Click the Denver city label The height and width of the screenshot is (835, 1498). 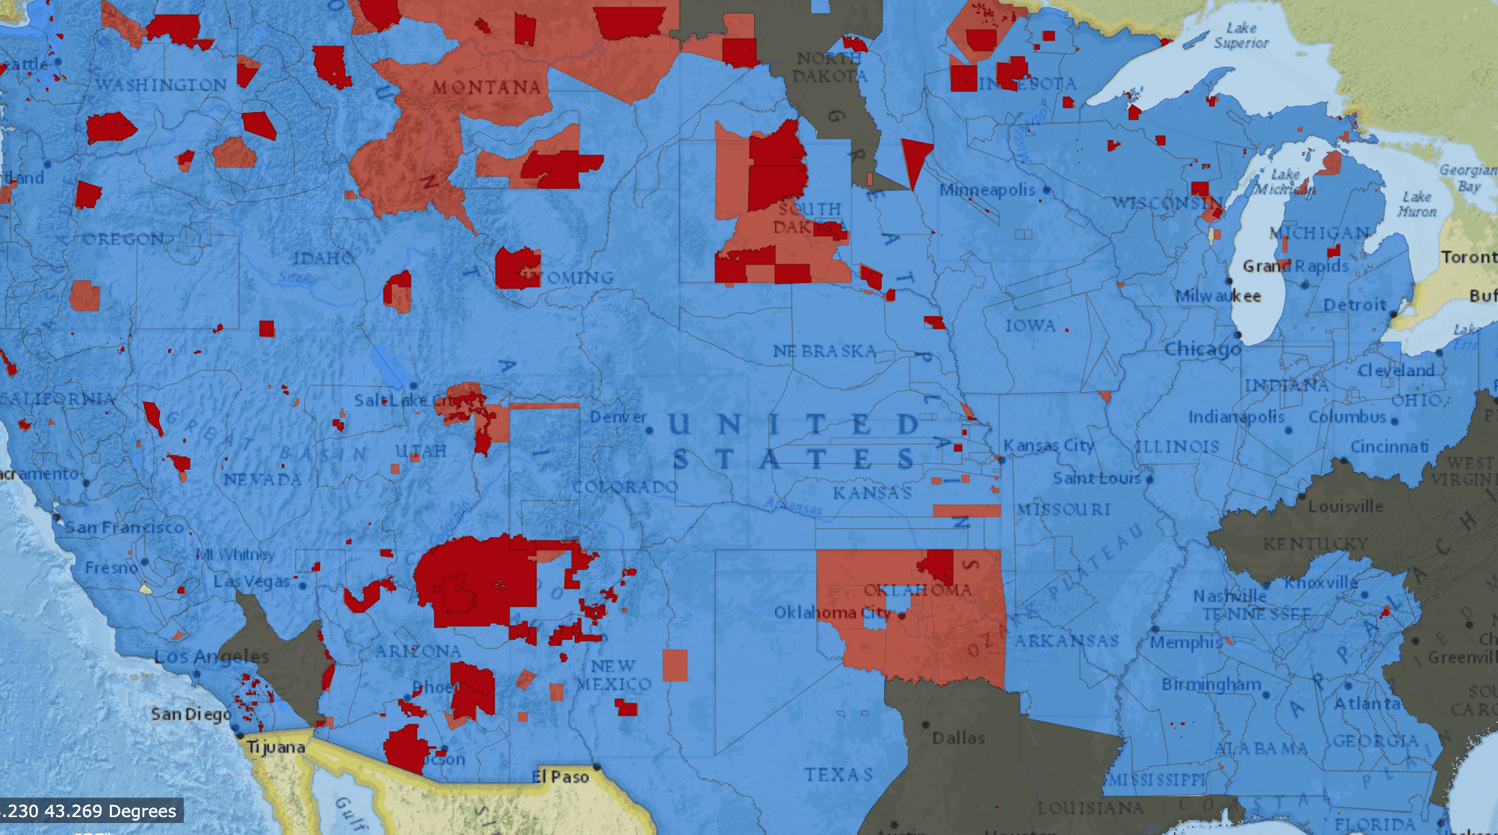pyautogui.click(x=618, y=417)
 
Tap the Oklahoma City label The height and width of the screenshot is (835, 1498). pyautogui.click(x=833, y=612)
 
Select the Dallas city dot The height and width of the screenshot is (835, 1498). pyautogui.click(x=925, y=724)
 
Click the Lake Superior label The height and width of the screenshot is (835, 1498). pyautogui.click(x=1241, y=35)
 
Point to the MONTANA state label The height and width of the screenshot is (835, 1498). pyautogui.click(x=487, y=87)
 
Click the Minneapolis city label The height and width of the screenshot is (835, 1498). pyautogui.click(x=986, y=190)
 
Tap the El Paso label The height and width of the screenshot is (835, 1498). pyautogui.click(x=560, y=777)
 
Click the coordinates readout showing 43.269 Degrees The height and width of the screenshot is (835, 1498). pyautogui.click(x=91, y=811)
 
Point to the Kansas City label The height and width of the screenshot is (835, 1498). pyautogui.click(x=1048, y=446)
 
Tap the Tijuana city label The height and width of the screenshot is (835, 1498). pyautogui.click(x=276, y=747)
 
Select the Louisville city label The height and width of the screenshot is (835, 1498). pyautogui.click(x=1345, y=506)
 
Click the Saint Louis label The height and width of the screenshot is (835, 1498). pyautogui.click(x=1096, y=478)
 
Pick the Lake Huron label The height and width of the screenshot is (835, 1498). pyautogui.click(x=1417, y=204)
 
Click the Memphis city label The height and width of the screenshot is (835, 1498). pyautogui.click(x=1186, y=642)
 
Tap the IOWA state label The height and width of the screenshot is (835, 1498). pyautogui.click(x=1030, y=326)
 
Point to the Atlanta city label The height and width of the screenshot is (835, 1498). pyautogui.click(x=1367, y=704)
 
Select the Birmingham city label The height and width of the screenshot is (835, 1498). pyautogui.click(x=1210, y=684)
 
